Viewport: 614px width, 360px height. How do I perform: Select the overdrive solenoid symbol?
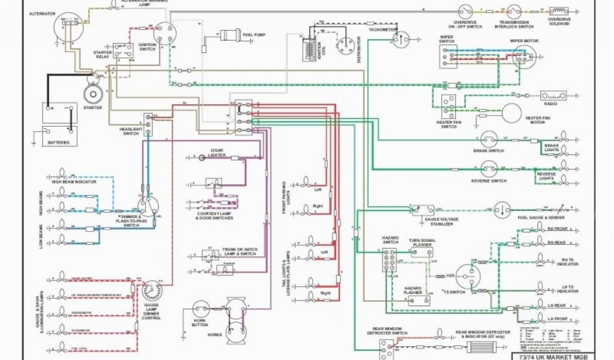pos(559,11)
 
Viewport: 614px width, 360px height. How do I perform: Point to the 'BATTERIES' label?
pos(59,143)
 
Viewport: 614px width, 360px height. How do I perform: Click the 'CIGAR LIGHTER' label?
pos(218,149)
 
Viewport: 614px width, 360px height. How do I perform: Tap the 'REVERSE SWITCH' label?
pos(490,181)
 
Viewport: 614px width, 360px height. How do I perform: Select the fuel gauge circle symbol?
pos(501,209)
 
